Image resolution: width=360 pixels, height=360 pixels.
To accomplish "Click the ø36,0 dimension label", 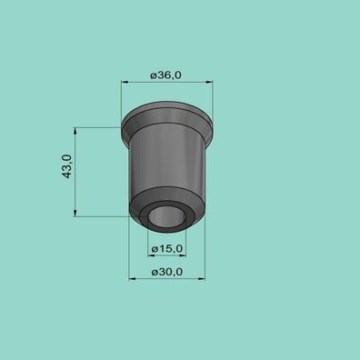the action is [165, 75].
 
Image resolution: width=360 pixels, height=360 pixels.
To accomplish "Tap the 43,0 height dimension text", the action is [67, 166].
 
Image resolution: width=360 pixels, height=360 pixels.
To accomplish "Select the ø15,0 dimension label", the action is [167, 249].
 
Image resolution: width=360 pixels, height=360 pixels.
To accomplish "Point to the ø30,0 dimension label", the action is [167, 272].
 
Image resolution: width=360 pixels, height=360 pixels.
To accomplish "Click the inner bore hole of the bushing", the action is [166, 216].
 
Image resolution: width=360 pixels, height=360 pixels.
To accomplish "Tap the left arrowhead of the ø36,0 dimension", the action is [125, 82].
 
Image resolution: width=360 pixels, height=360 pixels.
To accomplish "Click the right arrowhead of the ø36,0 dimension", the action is [209, 82].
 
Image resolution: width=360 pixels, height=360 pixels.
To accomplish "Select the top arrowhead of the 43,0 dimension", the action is [75, 131].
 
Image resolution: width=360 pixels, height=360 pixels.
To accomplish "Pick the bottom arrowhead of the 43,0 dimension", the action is [75, 214].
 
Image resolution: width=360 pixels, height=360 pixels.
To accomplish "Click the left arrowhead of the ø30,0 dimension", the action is [133, 279].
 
